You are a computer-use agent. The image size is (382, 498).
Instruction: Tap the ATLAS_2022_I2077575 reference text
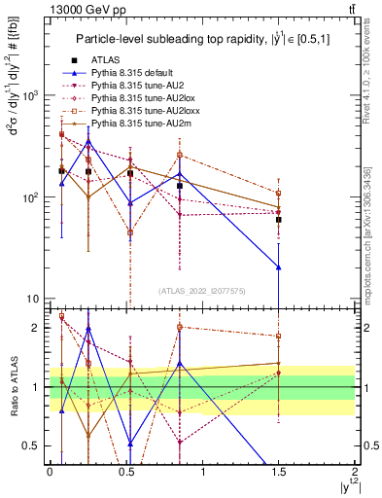point(202,291)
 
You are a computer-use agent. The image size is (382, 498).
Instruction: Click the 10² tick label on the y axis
point(29,197)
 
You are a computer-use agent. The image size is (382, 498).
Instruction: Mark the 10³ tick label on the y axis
point(29,95)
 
